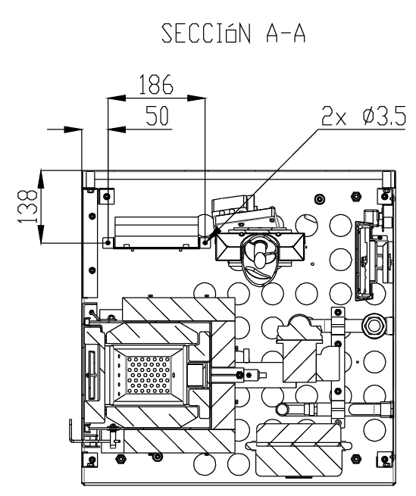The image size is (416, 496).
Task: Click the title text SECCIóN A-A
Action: coord(233,33)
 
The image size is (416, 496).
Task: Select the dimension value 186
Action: coord(156,85)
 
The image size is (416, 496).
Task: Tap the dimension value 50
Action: coord(158,115)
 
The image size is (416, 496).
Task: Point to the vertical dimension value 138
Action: coord(27,207)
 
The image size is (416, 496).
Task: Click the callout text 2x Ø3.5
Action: coord(364,116)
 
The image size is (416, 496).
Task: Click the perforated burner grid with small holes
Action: coord(149,375)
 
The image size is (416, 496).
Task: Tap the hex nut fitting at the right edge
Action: coord(374,325)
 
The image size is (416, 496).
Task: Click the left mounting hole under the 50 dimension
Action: coord(108,242)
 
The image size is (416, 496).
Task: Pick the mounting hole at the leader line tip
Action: coord(205,242)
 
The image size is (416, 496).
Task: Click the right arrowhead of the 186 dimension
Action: coord(196,98)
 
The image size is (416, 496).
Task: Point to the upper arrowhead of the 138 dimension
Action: coord(42,179)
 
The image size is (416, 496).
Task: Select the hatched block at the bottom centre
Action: coord(298,450)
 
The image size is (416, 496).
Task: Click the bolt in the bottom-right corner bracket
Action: coord(385,460)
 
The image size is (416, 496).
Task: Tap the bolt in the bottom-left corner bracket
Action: coord(92,460)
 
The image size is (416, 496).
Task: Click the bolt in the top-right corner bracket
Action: coord(384,196)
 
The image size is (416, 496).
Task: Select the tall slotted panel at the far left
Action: coord(90,242)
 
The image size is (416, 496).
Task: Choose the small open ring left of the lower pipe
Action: coord(282,410)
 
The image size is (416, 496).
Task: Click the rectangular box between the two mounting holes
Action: coord(157,232)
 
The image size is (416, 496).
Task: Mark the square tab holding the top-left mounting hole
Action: coord(107,196)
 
